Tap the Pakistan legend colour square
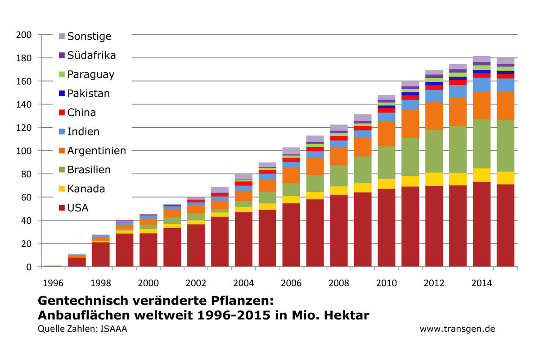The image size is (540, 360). [x=62, y=94]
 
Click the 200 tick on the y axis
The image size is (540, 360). [x=23, y=35]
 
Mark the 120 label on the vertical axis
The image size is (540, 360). [x=23, y=127]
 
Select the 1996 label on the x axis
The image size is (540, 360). [x=53, y=283]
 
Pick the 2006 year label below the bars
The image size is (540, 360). [x=291, y=283]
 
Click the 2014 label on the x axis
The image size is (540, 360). [x=481, y=283]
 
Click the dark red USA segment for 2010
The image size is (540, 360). [x=386, y=227]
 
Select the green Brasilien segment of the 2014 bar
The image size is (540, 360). [x=481, y=144]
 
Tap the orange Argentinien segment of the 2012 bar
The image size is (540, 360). [x=434, y=116]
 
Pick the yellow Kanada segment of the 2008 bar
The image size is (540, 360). [x=339, y=190]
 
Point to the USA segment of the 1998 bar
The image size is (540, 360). [x=101, y=255]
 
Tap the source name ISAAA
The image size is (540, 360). [x=114, y=329]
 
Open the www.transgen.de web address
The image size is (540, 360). [x=457, y=329]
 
